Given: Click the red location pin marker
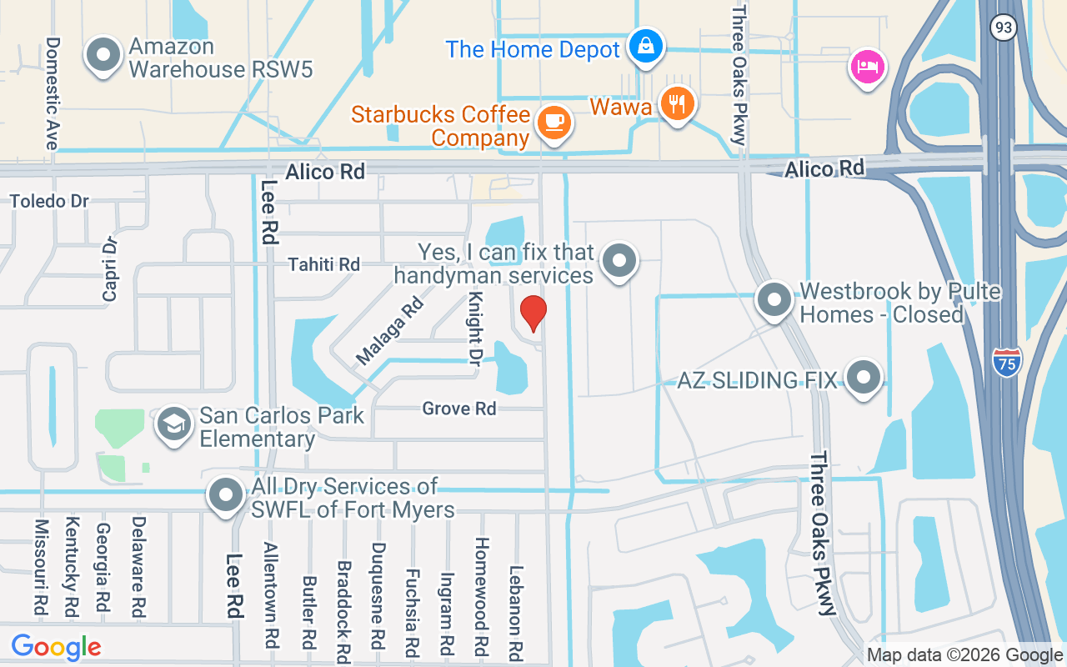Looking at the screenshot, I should [x=533, y=313].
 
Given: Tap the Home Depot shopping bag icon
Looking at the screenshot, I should [x=646, y=47].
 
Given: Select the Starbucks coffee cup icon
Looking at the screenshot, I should [x=553, y=123].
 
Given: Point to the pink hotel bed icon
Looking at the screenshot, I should [x=867, y=67].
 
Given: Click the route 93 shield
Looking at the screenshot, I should [x=1003, y=27].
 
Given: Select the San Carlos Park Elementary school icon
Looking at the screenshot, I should [x=174, y=424].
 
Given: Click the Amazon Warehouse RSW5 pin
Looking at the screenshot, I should [x=103, y=55].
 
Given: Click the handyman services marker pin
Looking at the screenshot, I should [x=619, y=260].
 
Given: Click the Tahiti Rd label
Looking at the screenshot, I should [x=323, y=264].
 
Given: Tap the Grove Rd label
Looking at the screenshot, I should [x=459, y=409].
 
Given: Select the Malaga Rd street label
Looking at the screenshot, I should [x=390, y=330].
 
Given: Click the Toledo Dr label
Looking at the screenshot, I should [x=49, y=201].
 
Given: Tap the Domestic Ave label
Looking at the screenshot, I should [x=53, y=93].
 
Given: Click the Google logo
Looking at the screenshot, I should [x=56, y=646].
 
